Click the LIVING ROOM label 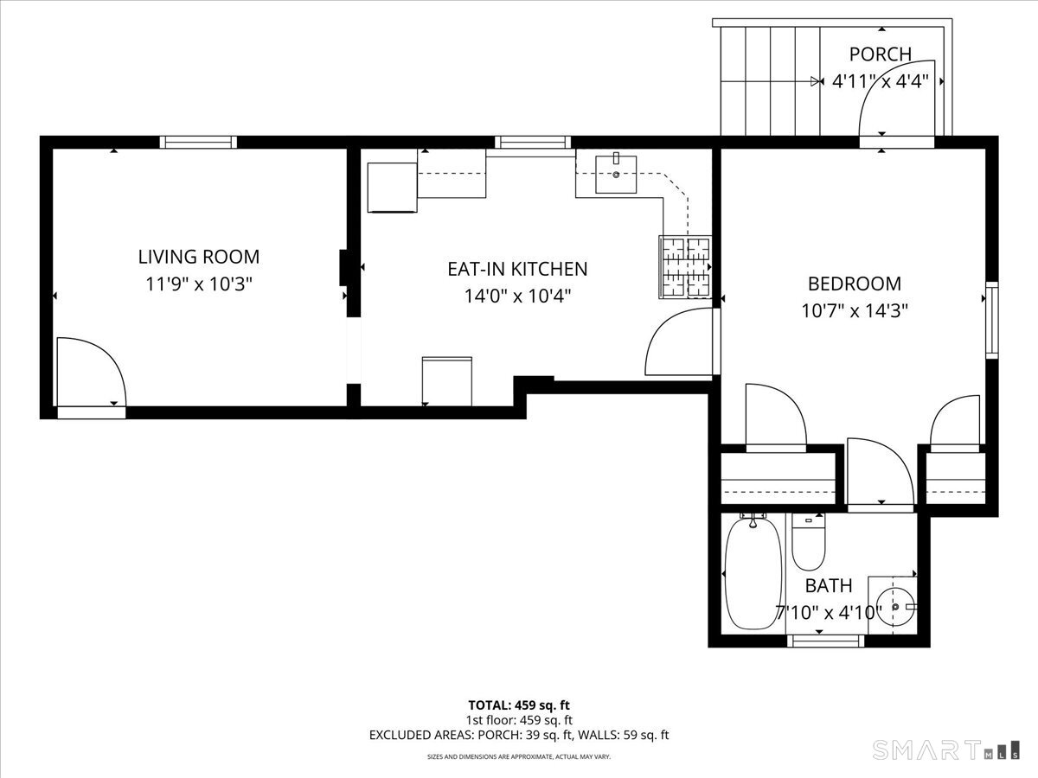(x=198, y=257)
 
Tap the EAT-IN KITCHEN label (x=517, y=269)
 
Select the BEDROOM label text (x=854, y=284)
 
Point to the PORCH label (x=880, y=54)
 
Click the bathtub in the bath (x=753, y=574)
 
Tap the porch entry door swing (x=894, y=99)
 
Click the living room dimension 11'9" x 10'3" (x=198, y=284)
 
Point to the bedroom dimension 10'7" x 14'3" (x=854, y=310)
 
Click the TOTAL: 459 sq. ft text (x=518, y=705)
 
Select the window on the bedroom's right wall (x=991, y=320)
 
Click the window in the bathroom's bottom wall (x=826, y=641)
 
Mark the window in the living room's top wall (x=199, y=143)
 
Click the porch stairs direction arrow (x=815, y=82)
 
